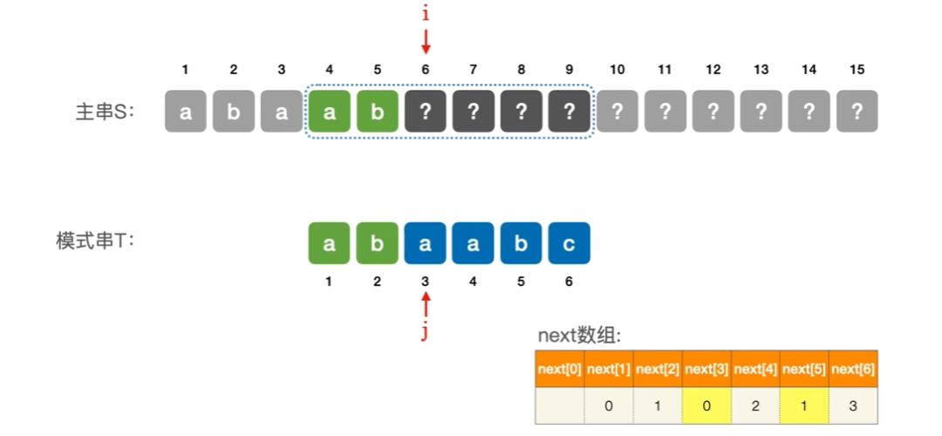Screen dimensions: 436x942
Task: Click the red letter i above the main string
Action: click(x=426, y=14)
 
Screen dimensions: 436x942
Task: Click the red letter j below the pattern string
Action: click(x=426, y=331)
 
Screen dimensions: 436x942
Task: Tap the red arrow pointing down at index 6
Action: click(x=426, y=40)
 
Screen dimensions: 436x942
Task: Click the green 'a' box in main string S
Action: click(x=330, y=112)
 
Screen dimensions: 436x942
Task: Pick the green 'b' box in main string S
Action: click(x=378, y=112)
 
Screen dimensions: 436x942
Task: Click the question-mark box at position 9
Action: click(x=570, y=112)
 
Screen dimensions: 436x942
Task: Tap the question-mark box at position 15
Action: click(x=857, y=112)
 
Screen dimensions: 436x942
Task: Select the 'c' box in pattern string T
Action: click(x=570, y=243)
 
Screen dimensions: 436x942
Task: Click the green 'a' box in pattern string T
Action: click(x=330, y=243)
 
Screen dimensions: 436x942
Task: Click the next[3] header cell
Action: click(x=707, y=370)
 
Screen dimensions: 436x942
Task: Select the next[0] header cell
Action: click(x=560, y=370)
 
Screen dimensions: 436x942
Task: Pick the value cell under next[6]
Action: click(x=853, y=405)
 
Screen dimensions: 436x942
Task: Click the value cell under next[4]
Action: click(x=756, y=405)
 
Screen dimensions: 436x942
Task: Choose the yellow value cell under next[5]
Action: click(x=804, y=405)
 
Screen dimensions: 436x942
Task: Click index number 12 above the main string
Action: click(x=713, y=70)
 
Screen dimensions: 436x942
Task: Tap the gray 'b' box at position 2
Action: click(x=234, y=112)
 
